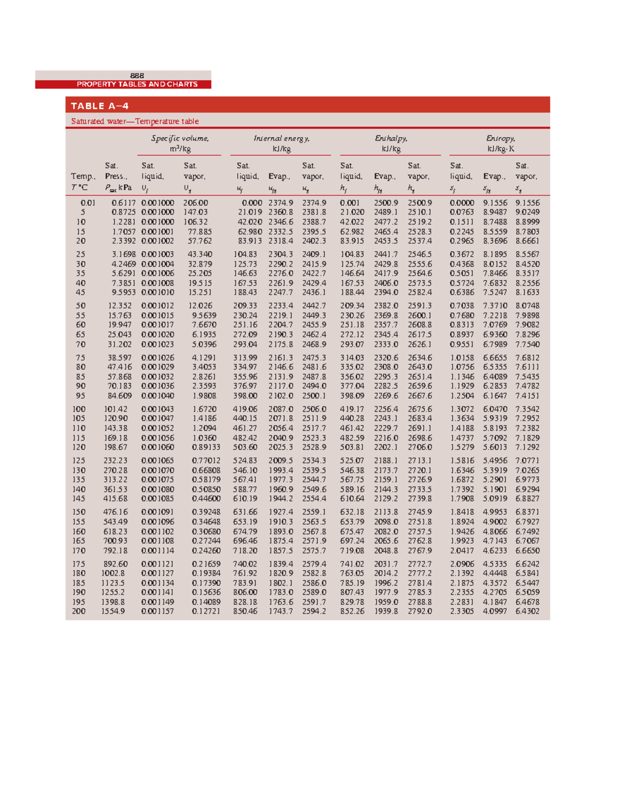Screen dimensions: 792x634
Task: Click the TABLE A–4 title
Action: click(100, 106)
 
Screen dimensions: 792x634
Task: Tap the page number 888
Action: click(137, 76)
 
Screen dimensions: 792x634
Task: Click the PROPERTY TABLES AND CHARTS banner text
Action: click(137, 84)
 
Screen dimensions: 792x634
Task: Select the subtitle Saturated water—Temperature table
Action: click(135, 121)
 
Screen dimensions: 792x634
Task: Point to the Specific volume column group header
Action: click(180, 144)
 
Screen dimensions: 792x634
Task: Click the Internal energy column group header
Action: click(281, 144)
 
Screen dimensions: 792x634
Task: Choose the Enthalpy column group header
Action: click(391, 144)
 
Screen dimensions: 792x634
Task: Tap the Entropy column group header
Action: click(500, 144)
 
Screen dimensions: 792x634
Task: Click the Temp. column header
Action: click(83, 177)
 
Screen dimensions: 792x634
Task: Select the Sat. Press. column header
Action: click(116, 177)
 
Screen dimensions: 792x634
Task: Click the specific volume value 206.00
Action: click(195, 203)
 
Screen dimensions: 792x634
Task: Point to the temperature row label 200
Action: click(79, 611)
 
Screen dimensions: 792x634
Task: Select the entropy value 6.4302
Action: click(527, 611)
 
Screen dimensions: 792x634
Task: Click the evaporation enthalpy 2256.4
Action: click(386, 409)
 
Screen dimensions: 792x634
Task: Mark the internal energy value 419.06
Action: click(245, 409)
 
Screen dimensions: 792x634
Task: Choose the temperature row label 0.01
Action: click(88, 203)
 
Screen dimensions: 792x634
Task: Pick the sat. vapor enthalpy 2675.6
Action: click(419, 409)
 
